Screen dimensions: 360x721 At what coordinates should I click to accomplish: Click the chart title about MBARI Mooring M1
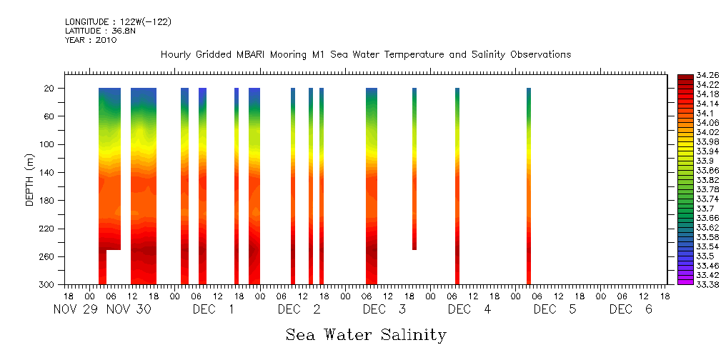coord(366,55)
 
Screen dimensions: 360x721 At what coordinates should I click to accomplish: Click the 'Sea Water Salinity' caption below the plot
coord(366,334)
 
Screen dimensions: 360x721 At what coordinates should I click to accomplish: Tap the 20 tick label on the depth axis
coord(50,89)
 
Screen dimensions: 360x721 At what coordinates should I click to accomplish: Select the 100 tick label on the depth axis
coord(48,145)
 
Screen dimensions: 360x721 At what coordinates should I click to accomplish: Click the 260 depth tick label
coord(48,257)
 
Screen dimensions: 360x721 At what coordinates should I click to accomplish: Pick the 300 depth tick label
coord(48,285)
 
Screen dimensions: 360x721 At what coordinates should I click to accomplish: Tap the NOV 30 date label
coord(129,310)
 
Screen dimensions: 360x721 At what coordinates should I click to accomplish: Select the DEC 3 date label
coord(384,310)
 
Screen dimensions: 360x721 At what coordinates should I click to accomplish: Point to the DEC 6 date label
coord(630,310)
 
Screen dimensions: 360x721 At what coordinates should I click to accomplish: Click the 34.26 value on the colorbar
coord(697,76)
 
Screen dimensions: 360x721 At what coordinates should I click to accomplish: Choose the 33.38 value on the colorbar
coord(697,284)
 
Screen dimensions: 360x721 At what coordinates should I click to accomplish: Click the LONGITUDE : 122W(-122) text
coord(118,22)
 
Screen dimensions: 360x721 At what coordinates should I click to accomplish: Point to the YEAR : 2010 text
coord(90,40)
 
